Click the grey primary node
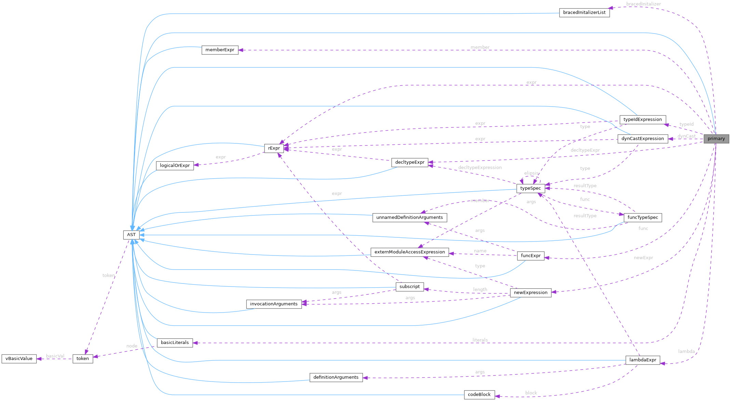point(716,139)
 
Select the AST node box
point(131,235)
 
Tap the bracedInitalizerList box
point(584,13)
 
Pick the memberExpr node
point(220,50)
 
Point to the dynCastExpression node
point(642,139)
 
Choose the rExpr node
point(274,148)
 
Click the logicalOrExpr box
point(175,166)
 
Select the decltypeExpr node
point(409,162)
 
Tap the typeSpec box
point(530,188)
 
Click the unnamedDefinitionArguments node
point(409,218)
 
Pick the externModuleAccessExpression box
point(409,252)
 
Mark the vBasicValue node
point(19,359)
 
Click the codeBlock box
point(479,395)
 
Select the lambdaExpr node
point(642,360)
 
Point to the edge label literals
point(480,340)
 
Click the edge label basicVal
point(55,356)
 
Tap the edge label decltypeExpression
point(480,167)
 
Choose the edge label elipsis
point(531,173)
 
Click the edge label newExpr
point(643,258)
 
